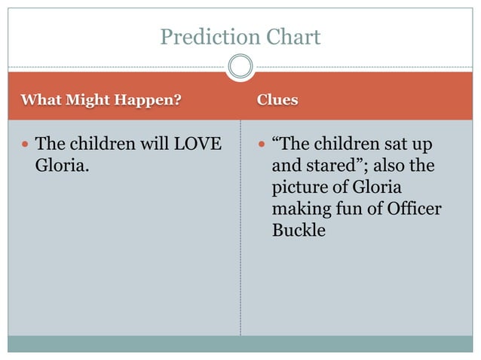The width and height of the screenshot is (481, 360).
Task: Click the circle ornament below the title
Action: click(x=240, y=67)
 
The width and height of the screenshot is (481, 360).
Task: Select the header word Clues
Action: click(x=277, y=99)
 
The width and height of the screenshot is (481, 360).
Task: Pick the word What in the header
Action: click(x=38, y=99)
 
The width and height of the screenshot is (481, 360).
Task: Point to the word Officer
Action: click(x=413, y=208)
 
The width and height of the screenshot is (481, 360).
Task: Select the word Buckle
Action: click(x=299, y=230)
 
